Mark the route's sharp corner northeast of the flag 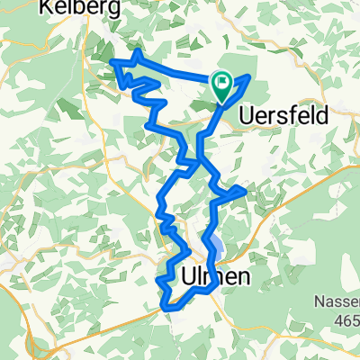point(248,75)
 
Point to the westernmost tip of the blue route point(112,61)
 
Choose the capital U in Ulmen point(189,278)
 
